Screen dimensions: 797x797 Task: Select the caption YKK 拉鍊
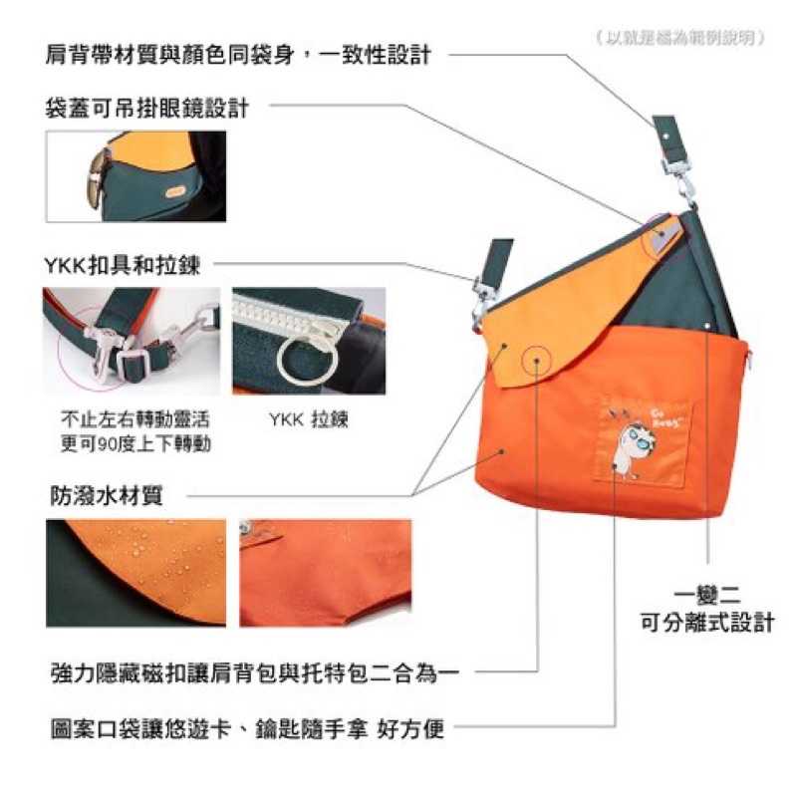[308, 419]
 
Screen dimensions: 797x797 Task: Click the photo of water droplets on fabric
[135, 571]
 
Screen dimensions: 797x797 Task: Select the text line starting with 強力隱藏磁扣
[254, 673]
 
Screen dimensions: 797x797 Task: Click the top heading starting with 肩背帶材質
[238, 54]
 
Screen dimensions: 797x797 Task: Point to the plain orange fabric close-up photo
[312, 571]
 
